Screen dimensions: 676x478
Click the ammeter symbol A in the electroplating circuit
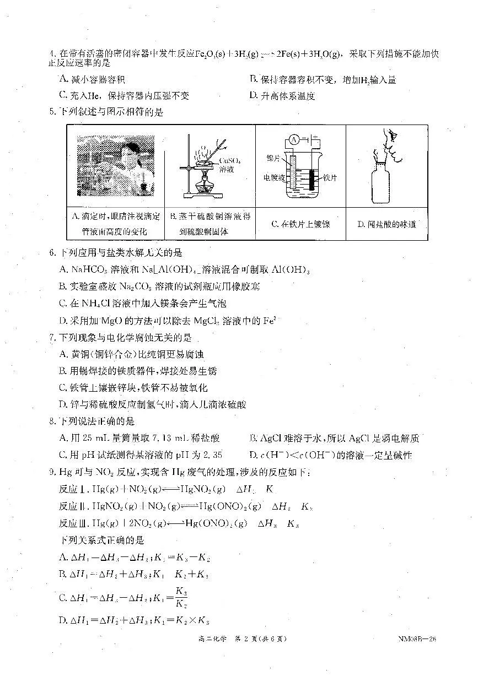click(294, 139)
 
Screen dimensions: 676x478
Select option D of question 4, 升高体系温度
click(282, 96)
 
